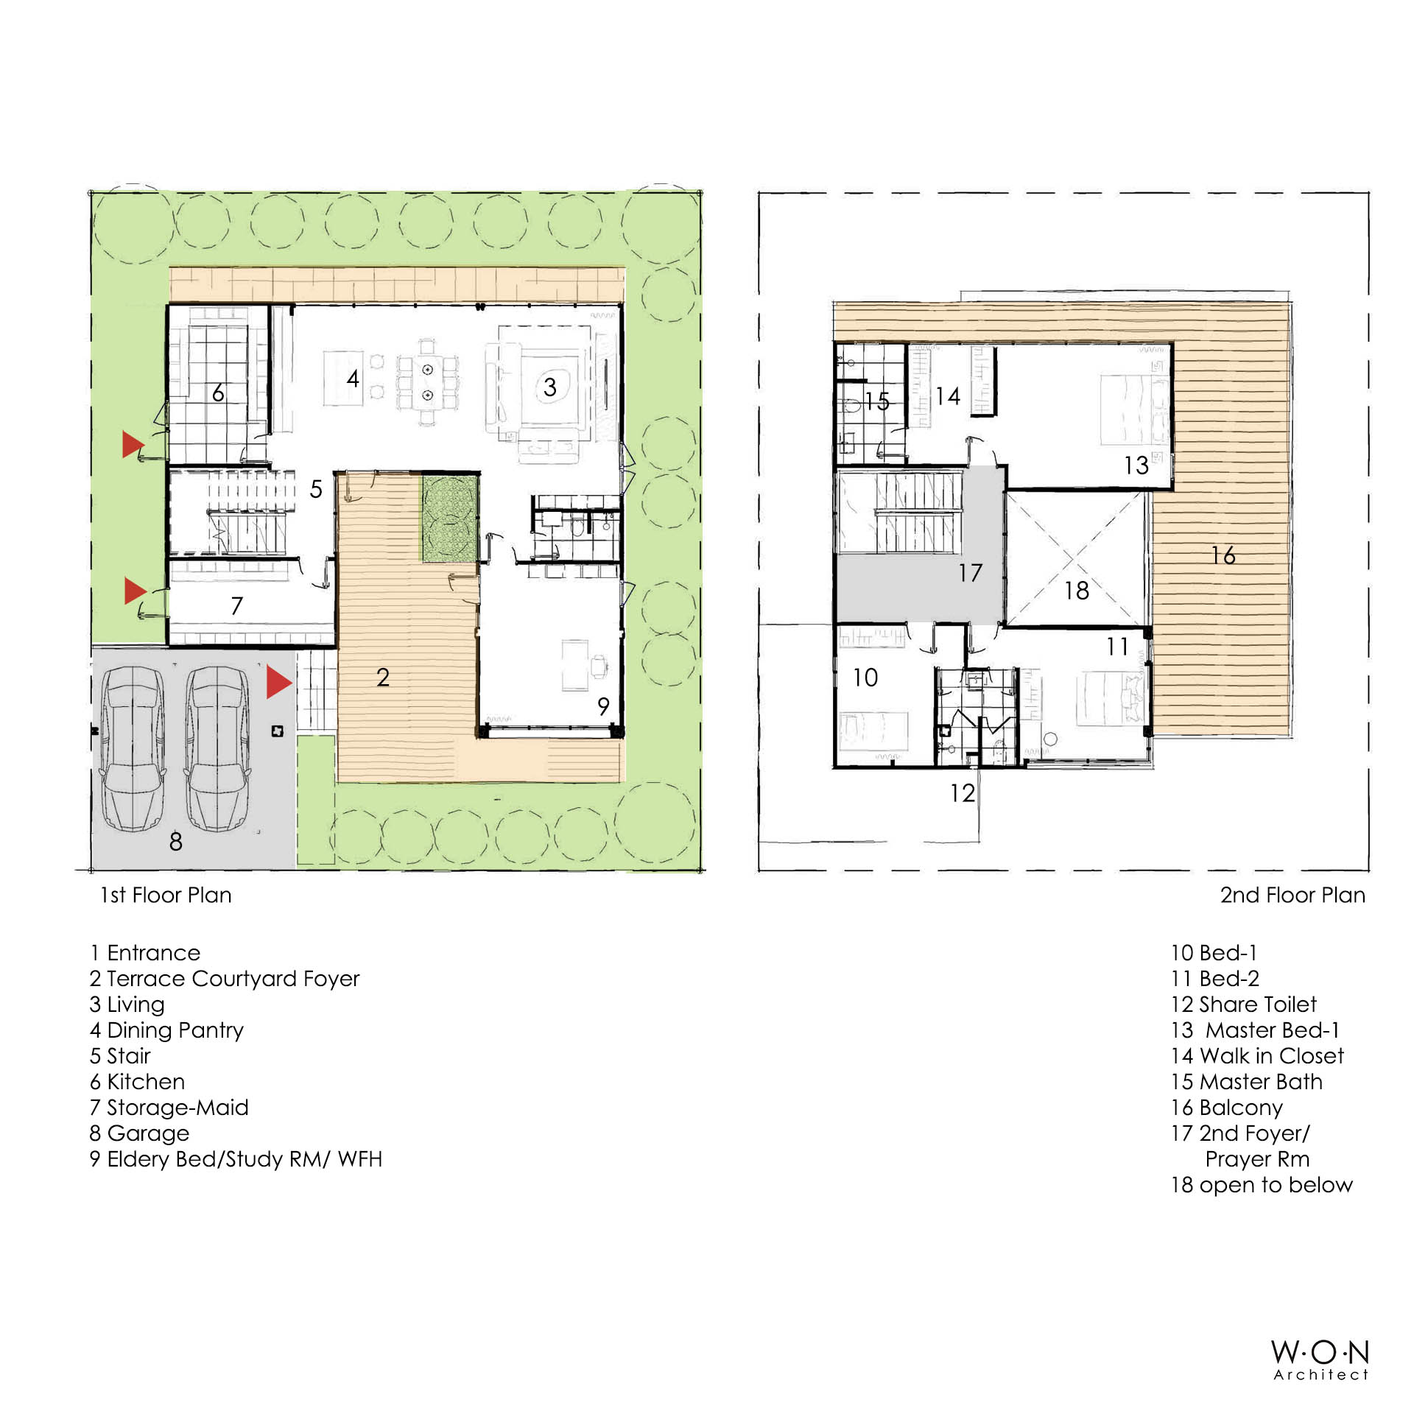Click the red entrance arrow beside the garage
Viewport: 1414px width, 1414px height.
[x=278, y=682]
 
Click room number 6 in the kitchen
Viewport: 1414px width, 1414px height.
[x=218, y=393]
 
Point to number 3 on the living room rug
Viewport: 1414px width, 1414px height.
[x=549, y=387]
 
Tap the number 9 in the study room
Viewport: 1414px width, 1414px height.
[x=603, y=706]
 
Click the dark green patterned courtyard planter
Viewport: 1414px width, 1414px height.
[x=451, y=518]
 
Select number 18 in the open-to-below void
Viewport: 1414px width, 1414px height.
[x=1077, y=590]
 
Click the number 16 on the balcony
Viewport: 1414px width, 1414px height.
[x=1223, y=555]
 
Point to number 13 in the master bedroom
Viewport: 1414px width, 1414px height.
[x=1136, y=465]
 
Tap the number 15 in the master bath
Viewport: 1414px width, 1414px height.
[x=877, y=401]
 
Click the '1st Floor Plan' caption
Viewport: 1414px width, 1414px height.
[x=166, y=895]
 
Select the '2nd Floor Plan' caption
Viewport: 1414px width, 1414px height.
[x=1292, y=895]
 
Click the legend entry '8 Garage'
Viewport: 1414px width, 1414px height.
[x=139, y=1133]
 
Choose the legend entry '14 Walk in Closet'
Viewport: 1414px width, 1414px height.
[x=1257, y=1055]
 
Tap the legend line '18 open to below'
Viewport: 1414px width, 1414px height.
[x=1262, y=1184]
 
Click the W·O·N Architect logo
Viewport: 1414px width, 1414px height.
[x=1320, y=1360]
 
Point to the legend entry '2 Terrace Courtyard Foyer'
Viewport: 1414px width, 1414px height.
[x=225, y=979]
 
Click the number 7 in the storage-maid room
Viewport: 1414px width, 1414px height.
[x=236, y=605]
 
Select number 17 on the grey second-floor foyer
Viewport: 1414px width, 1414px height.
[x=970, y=572]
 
